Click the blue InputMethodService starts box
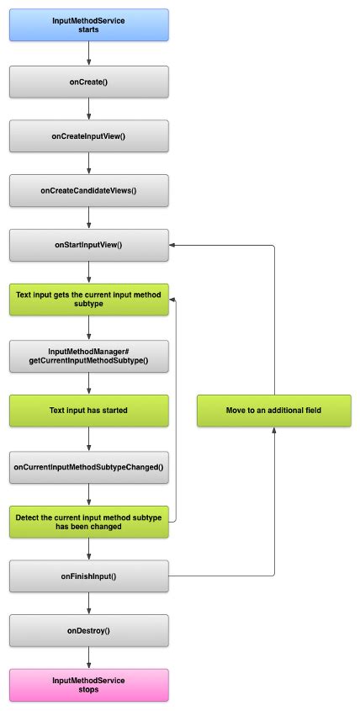tap(88, 24)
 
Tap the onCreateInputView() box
tap(88, 135)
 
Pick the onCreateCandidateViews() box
tap(88, 190)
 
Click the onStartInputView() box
tap(88, 245)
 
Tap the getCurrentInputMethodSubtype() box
tap(88, 356)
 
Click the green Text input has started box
tap(88, 411)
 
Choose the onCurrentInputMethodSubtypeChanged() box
tap(88, 465)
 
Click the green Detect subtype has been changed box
tap(88, 521)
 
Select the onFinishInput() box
tap(88, 576)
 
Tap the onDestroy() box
tap(88, 630)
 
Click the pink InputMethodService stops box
tap(88, 684)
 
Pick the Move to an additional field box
tap(275, 411)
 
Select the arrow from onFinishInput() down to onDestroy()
tap(88, 602)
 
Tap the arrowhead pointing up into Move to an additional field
tap(275, 431)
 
